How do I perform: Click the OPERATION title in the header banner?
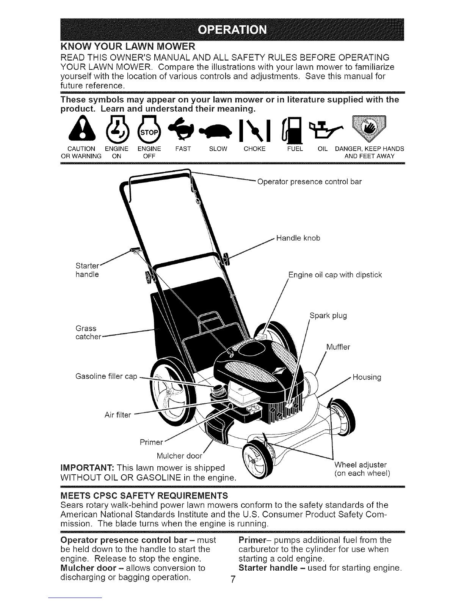pos(232,30)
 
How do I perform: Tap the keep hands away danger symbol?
pos(368,128)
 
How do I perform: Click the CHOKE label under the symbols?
pos(254,149)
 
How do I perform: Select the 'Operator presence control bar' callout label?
pos(309,182)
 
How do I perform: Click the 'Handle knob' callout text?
pos(298,238)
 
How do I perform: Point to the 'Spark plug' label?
pos(328,316)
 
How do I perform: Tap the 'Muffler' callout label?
pos(338,347)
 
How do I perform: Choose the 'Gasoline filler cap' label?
pos(107,376)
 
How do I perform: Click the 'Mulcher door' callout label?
pos(180,456)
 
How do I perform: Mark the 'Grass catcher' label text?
pos(88,332)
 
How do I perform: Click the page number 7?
pos(233,579)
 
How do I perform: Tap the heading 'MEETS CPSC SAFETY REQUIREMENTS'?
pos(144,496)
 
